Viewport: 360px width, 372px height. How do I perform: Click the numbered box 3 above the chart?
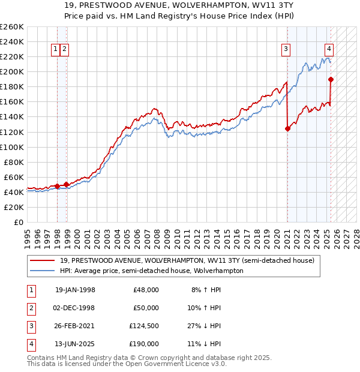[x=286, y=49]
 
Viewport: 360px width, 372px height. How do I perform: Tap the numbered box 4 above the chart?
[x=329, y=49]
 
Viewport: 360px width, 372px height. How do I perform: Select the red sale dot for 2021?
[x=287, y=128]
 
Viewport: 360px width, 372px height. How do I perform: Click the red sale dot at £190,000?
[x=331, y=79]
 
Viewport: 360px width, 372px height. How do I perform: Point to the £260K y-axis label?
[x=12, y=27]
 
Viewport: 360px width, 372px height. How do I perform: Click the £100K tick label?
[x=12, y=147]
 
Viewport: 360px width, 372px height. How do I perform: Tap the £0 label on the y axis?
[x=17, y=222]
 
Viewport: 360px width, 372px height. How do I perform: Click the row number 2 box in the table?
[x=31, y=308]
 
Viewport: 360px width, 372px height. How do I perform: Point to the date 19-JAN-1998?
[x=75, y=290]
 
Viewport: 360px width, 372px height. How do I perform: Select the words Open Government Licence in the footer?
[x=173, y=364]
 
